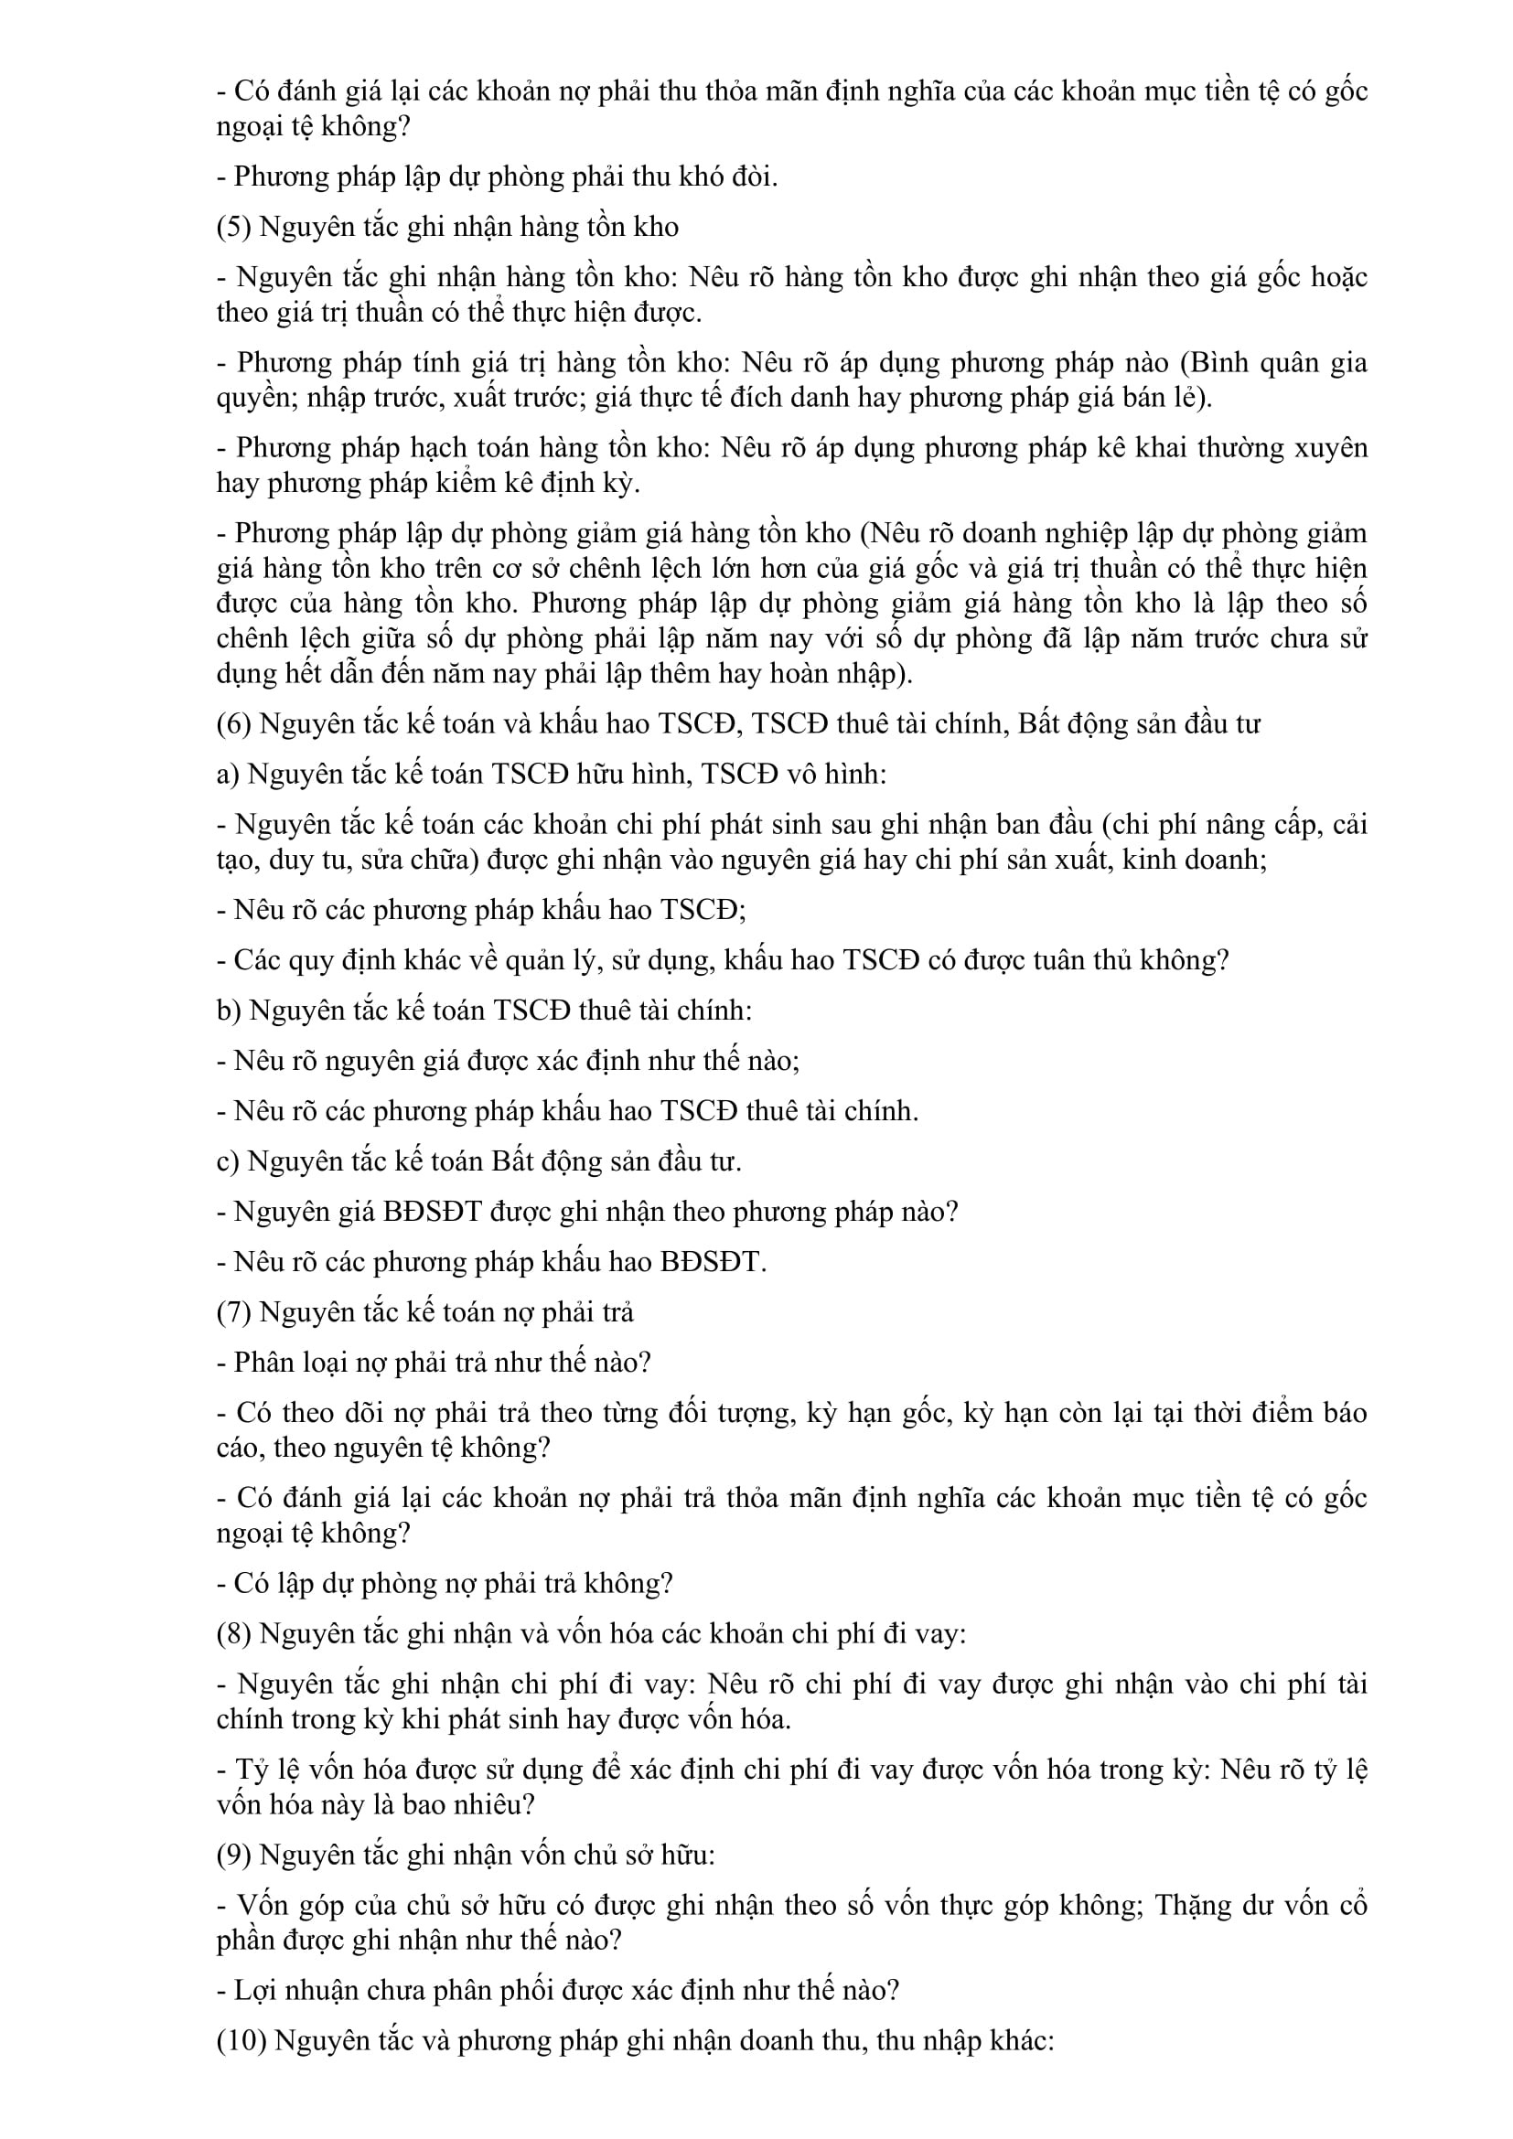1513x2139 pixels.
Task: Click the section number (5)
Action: (x=233, y=227)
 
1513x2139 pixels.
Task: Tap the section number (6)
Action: (x=233, y=724)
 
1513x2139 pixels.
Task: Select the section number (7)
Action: (x=233, y=1311)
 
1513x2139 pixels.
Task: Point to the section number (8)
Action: (x=233, y=1633)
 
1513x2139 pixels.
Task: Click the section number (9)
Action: (x=233, y=1855)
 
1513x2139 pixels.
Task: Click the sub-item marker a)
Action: (x=229, y=775)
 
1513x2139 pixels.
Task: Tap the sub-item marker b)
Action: (x=230, y=1011)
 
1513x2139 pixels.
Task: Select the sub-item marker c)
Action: (x=229, y=1161)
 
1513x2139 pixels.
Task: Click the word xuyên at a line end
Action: (x=1332, y=448)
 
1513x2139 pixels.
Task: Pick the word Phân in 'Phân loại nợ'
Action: (x=259, y=1362)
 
